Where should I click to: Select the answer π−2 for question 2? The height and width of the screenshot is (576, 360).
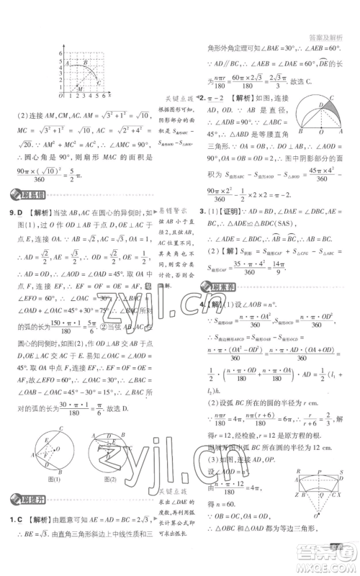pos(220,97)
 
